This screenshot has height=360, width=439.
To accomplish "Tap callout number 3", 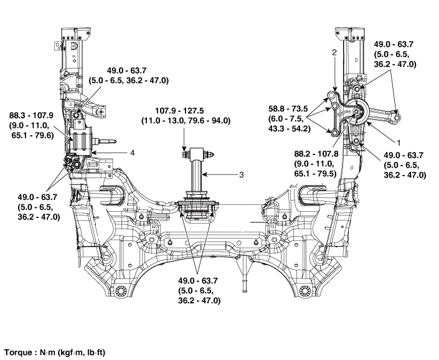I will [241, 175].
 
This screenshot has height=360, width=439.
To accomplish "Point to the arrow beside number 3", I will [221, 175].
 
